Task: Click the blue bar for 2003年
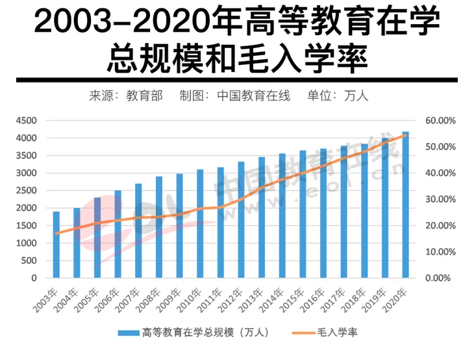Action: click(x=56, y=244)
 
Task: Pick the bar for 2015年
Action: click(x=303, y=214)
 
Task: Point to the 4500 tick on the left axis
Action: click(x=26, y=121)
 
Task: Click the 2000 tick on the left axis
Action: click(x=26, y=208)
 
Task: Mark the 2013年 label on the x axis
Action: click(x=256, y=299)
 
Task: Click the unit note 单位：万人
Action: click(x=338, y=96)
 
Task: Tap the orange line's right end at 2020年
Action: click(x=405, y=135)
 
